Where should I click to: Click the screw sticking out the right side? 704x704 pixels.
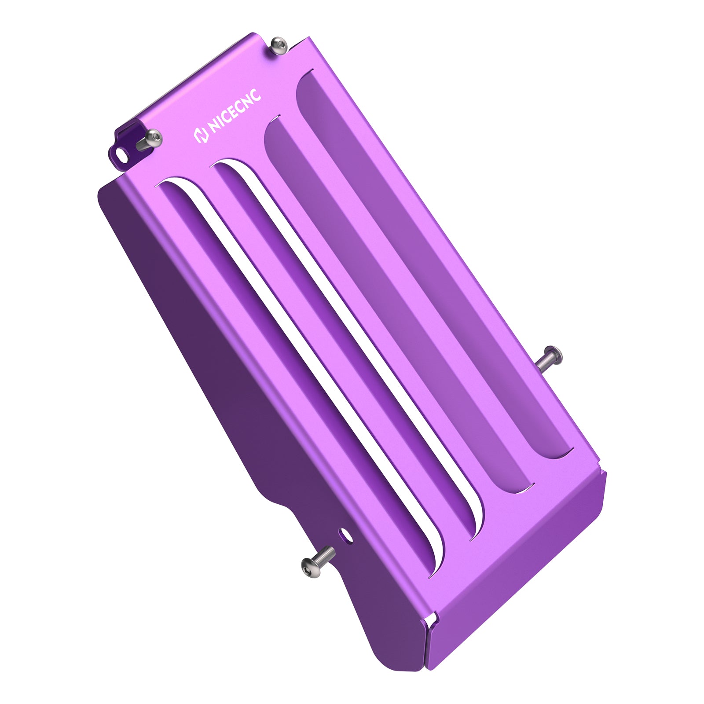550,356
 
